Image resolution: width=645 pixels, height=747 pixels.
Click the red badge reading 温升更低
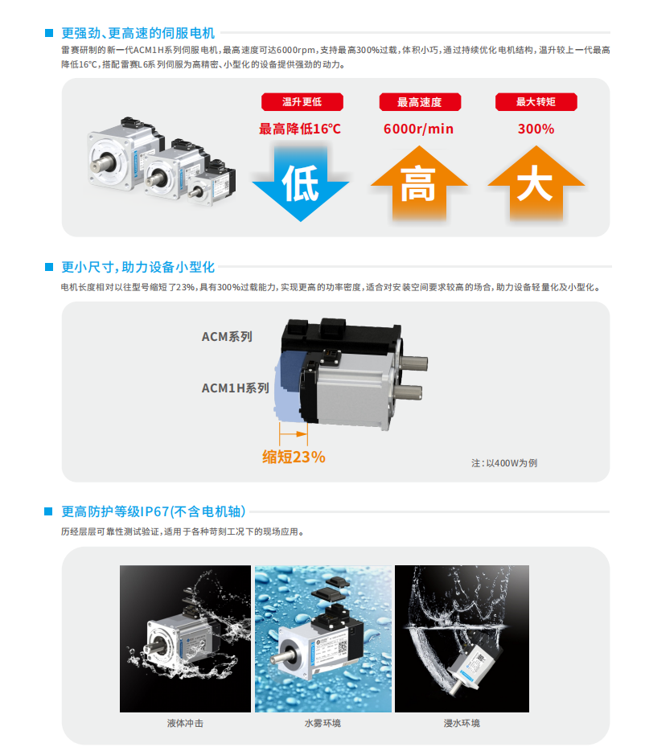(302, 102)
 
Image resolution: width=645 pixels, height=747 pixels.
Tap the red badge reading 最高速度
(420, 102)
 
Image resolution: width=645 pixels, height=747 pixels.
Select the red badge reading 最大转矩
(536, 102)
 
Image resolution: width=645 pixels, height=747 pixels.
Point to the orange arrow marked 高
(419, 184)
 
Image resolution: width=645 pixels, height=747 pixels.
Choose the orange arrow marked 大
(536, 184)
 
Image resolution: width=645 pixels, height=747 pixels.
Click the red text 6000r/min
(418, 129)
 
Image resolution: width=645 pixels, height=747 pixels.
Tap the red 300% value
(536, 129)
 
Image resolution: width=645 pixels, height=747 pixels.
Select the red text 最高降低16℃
(300, 129)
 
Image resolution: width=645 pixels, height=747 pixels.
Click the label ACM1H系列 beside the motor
(236, 388)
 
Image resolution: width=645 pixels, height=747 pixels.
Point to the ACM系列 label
(227, 337)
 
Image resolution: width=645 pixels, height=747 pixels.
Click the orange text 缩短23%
(294, 457)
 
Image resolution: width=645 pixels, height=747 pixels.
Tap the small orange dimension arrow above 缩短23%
(294, 434)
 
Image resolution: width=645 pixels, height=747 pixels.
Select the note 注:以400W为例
(504, 463)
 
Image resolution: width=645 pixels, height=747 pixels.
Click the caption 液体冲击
(185, 723)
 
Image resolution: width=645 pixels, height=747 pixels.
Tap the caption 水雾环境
(323, 723)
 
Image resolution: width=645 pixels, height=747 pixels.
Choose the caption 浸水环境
(462, 723)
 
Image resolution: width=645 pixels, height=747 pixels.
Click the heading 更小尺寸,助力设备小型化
(138, 267)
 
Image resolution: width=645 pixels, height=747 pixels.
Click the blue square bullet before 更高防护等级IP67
(48, 511)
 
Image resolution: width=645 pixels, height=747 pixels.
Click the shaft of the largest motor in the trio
(102, 164)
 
